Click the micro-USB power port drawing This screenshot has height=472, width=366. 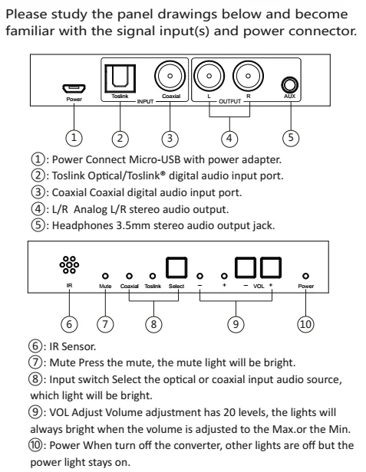74,89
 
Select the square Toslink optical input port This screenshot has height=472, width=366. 120,79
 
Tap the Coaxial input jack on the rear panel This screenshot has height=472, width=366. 170,76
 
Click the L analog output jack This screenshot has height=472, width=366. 209,76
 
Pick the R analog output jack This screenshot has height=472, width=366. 248,76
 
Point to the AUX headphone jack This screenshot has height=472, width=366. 290,85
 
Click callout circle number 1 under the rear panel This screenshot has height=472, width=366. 74,138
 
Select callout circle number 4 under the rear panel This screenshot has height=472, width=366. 229,139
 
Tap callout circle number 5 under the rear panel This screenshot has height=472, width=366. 291,138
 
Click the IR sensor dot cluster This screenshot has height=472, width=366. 69,265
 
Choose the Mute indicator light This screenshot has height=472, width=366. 105,276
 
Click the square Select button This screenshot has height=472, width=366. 176,267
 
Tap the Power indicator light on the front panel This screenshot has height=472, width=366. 305,276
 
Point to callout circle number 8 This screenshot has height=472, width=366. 153,324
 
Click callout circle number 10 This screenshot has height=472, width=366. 305,324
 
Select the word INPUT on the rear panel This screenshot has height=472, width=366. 145,102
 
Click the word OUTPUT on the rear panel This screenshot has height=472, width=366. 229,102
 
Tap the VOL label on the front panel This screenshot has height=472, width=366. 259,286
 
